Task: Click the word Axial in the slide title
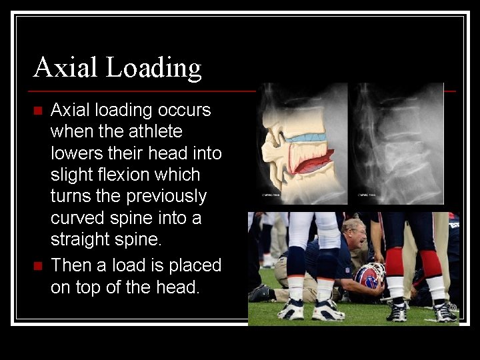[x=64, y=67]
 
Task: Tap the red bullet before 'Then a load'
[x=37, y=266]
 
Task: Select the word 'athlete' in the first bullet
[x=152, y=131]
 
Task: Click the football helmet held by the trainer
[x=368, y=276]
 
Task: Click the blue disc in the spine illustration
[x=306, y=137]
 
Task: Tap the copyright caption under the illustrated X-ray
[x=273, y=195]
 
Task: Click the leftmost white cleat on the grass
[x=293, y=310]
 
